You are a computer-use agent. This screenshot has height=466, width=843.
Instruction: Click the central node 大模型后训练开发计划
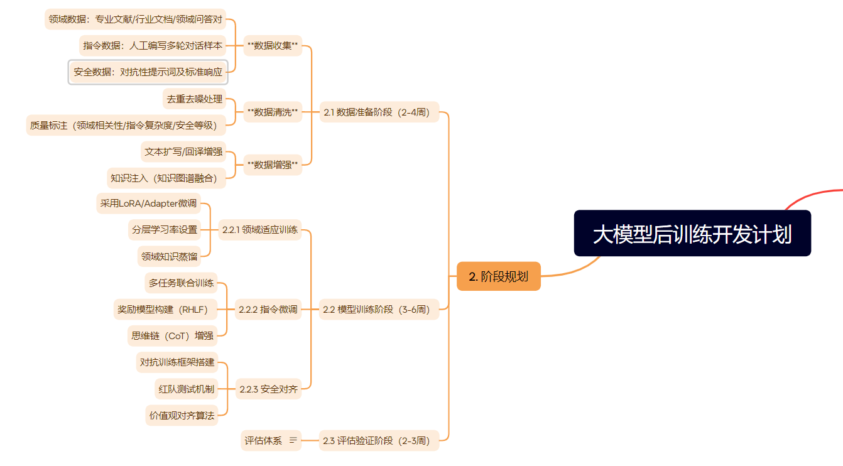pyautogui.click(x=692, y=234)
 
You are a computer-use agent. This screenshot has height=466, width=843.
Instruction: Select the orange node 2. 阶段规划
pyautogui.click(x=498, y=276)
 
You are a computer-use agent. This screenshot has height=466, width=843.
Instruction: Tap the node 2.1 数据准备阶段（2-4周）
pyautogui.click(x=379, y=112)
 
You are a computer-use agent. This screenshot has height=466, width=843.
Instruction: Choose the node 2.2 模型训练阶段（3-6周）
pyautogui.click(x=379, y=309)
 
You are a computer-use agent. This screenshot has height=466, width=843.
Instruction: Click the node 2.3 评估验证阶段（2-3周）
pyautogui.click(x=379, y=440)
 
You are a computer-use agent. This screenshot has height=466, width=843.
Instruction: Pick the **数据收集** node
pyautogui.click(x=273, y=45)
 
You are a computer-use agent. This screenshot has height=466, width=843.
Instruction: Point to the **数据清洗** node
pyautogui.click(x=273, y=112)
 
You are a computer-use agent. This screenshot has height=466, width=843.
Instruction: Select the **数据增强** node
pyautogui.click(x=273, y=165)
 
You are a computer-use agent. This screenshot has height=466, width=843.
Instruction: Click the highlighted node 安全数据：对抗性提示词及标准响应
pyautogui.click(x=148, y=72)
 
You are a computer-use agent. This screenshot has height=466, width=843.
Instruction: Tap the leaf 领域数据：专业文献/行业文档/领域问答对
pyautogui.click(x=135, y=19)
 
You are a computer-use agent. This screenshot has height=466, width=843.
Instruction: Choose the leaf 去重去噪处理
pyautogui.click(x=194, y=99)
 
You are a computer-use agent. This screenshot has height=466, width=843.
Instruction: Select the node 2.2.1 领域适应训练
pyautogui.click(x=260, y=230)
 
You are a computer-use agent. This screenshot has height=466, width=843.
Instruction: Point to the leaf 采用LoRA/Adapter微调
pyautogui.click(x=148, y=203)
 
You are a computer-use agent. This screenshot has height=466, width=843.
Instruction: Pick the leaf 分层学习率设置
pyautogui.click(x=164, y=230)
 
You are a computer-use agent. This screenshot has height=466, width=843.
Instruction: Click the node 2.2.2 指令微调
pyautogui.click(x=268, y=309)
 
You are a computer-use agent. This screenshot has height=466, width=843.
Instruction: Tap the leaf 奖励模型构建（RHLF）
pyautogui.click(x=162, y=309)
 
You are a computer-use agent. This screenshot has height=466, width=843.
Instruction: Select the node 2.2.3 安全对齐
pyautogui.click(x=268, y=389)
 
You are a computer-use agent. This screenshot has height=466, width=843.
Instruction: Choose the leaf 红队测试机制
pyautogui.click(x=186, y=389)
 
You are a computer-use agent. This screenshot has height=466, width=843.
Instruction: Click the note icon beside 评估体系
pyautogui.click(x=293, y=440)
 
